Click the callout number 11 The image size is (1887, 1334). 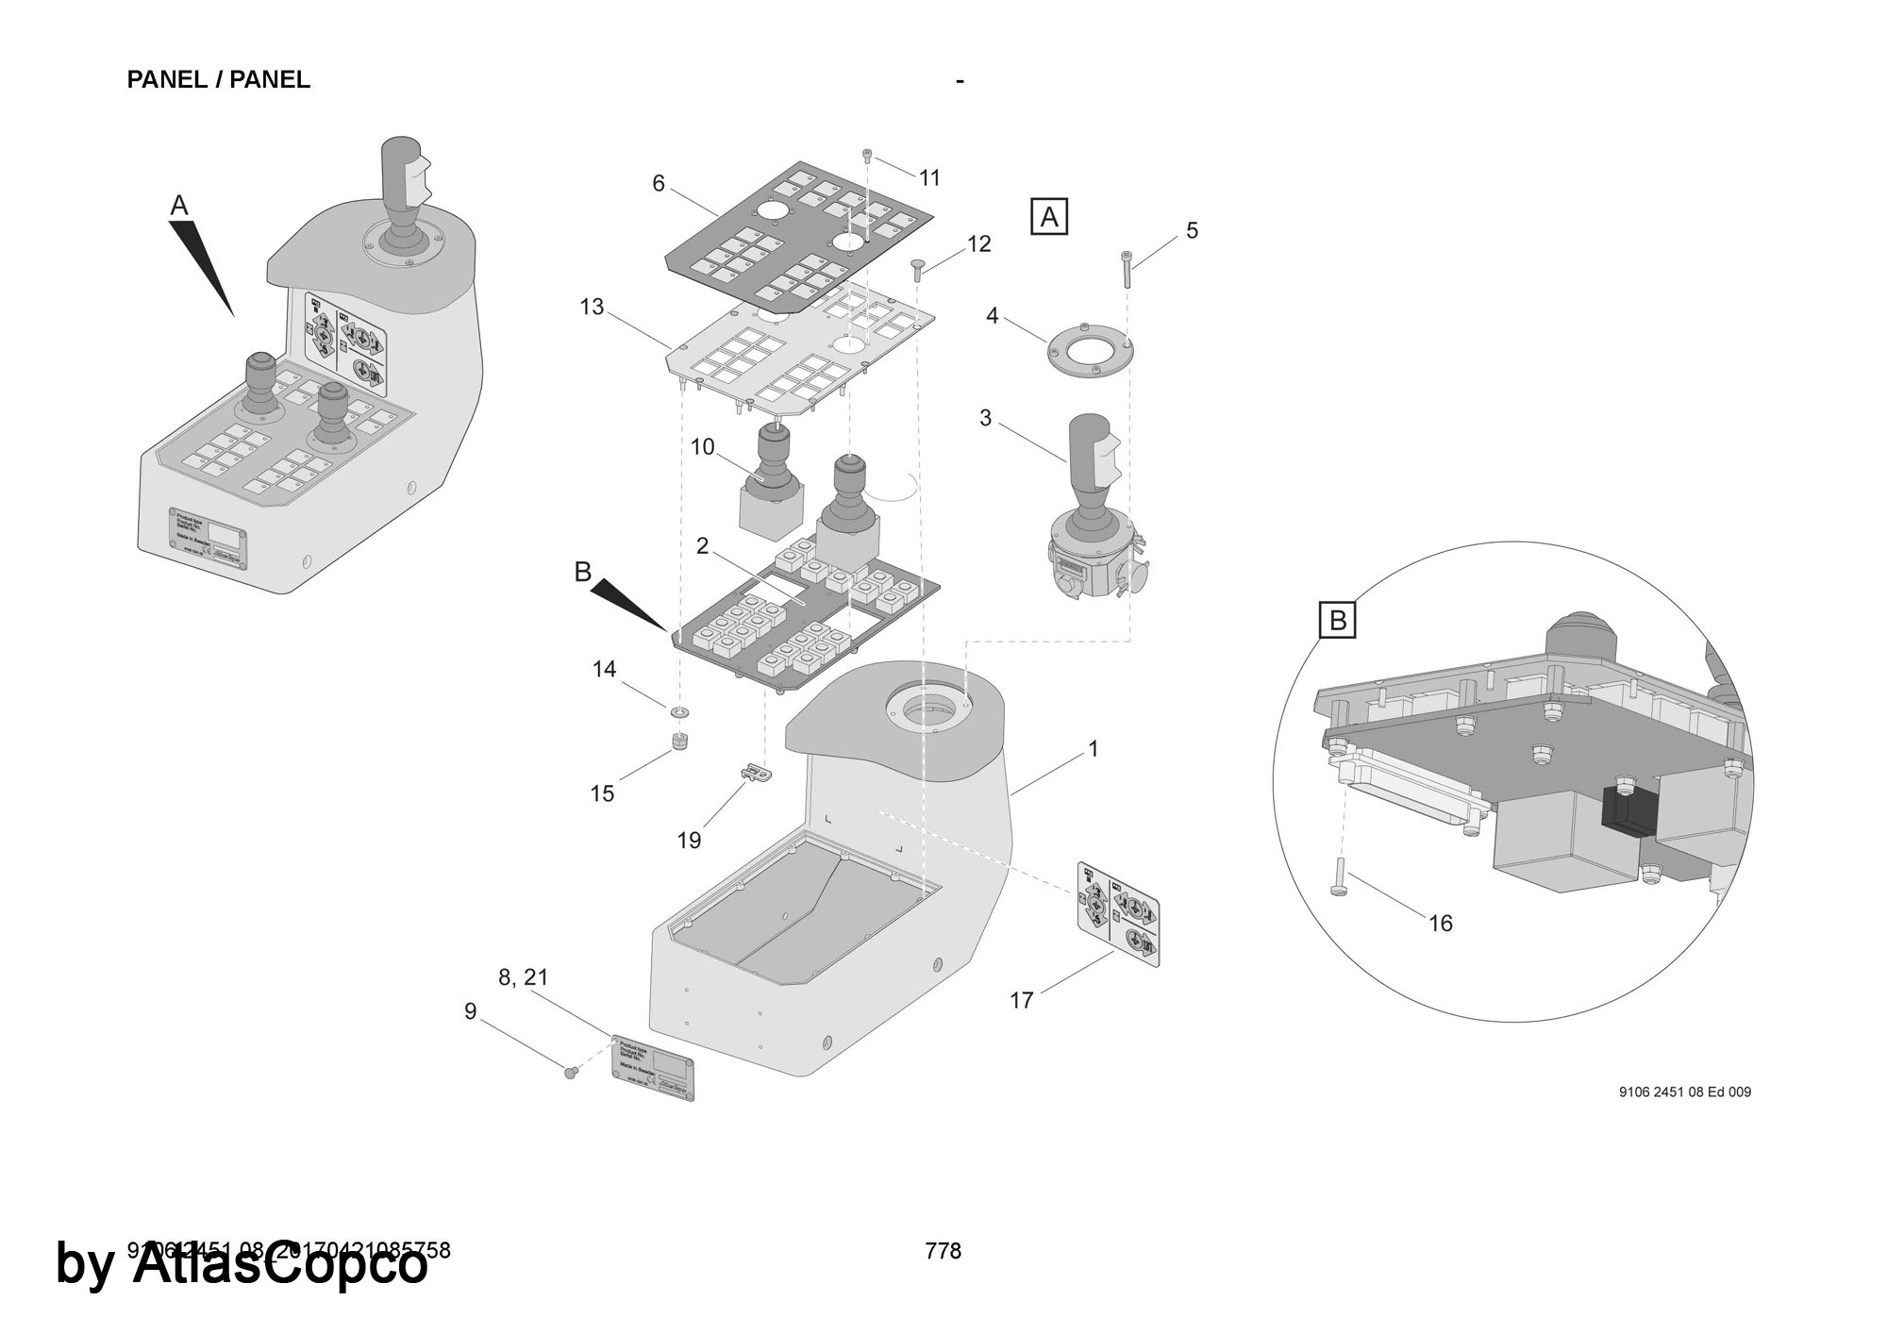tap(929, 177)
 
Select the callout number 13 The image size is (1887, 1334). tap(592, 307)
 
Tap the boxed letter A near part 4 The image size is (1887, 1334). tap(1049, 217)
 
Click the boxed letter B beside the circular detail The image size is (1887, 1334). tap(1337, 621)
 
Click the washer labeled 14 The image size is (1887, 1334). tap(679, 709)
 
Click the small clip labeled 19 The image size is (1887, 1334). tap(755, 774)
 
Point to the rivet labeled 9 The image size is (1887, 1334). tap(570, 1072)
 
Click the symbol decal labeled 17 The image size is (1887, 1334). tap(1118, 912)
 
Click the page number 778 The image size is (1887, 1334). tap(943, 1251)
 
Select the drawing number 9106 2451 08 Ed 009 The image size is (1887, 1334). tap(1684, 1092)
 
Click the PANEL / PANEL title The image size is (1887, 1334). tap(218, 80)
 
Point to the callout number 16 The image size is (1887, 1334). tap(1440, 923)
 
